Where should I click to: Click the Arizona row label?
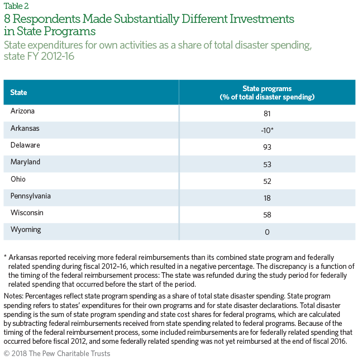(22, 111)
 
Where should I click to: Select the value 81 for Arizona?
(267, 113)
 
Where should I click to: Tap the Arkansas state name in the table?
(25, 128)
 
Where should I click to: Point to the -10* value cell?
(267, 130)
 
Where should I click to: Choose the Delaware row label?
(25, 145)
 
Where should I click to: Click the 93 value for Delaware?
(267, 147)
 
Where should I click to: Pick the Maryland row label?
(25, 162)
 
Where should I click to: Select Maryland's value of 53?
(267, 164)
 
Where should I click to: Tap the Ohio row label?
(18, 179)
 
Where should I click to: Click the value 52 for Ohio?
(267, 181)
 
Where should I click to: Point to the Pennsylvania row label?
(30, 196)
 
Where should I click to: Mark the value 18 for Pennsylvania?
(267, 198)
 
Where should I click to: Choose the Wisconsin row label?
(27, 212)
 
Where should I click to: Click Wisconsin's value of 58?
(267, 215)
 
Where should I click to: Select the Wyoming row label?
(26, 230)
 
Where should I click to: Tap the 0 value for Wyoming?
(267, 232)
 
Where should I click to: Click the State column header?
(18, 92)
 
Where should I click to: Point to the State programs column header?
(267, 92)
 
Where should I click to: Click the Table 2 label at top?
(16, 6)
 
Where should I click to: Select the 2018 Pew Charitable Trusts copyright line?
(57, 353)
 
